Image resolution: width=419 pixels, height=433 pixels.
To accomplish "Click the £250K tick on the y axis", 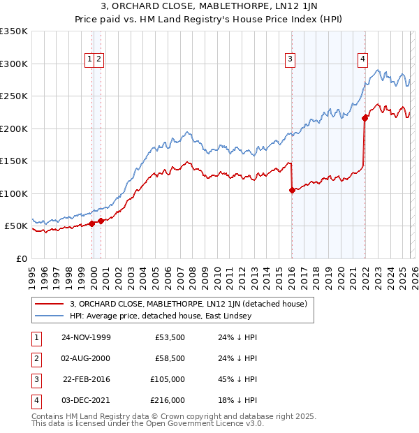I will click(13, 96).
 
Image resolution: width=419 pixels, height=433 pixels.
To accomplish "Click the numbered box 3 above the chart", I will click(289, 60).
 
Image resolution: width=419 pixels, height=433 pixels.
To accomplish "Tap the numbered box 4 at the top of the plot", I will click(363, 60).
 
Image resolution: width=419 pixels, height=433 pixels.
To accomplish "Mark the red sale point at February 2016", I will click(292, 190).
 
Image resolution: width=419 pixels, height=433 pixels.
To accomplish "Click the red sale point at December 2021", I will click(365, 118).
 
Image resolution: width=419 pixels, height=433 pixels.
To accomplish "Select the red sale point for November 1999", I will click(92, 223).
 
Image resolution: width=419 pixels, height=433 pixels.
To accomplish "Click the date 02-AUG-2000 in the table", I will click(87, 358).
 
